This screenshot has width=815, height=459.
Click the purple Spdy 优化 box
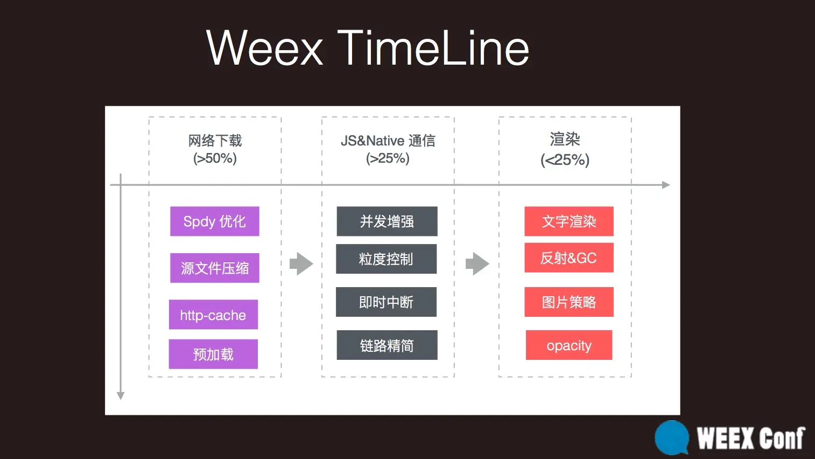pyautogui.click(x=215, y=221)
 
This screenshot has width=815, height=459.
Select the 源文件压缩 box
pyautogui.click(x=215, y=268)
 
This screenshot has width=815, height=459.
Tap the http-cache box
pyautogui.click(x=213, y=315)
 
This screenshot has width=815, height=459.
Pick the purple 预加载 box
pyautogui.click(x=213, y=354)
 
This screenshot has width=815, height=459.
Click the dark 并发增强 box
pyautogui.click(x=387, y=221)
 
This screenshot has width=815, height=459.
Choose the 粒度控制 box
pyautogui.click(x=386, y=259)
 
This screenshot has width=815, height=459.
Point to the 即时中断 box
pyautogui.click(x=386, y=302)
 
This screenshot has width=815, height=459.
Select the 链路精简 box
pyautogui.click(x=387, y=345)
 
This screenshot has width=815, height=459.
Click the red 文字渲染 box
pyautogui.click(x=569, y=221)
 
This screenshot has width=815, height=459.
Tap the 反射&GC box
pyautogui.click(x=569, y=258)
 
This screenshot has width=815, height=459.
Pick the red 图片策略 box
pyautogui.click(x=569, y=302)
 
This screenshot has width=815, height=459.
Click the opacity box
pyautogui.click(x=569, y=345)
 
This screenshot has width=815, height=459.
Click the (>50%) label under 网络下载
pyautogui.click(x=215, y=158)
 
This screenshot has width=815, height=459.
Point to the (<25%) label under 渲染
pyautogui.click(x=565, y=160)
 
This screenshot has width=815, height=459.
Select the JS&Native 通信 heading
pyautogui.click(x=388, y=141)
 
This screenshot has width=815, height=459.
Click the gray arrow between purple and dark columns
pyautogui.click(x=301, y=263)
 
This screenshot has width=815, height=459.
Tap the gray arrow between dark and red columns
pyautogui.click(x=477, y=263)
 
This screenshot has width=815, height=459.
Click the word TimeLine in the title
pyautogui.click(x=433, y=48)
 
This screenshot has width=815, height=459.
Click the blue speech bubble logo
pyautogui.click(x=672, y=437)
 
